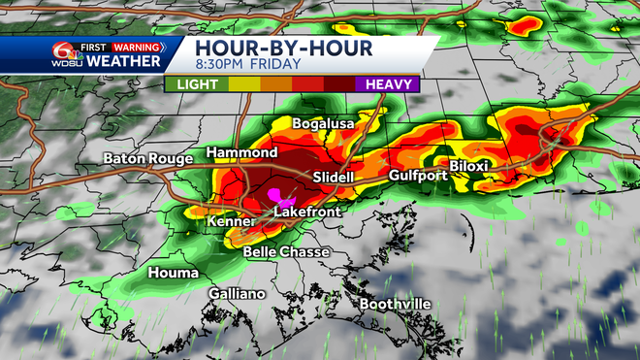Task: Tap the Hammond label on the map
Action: [241, 153]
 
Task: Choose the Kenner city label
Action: [231, 222]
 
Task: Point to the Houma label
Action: [173, 274]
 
